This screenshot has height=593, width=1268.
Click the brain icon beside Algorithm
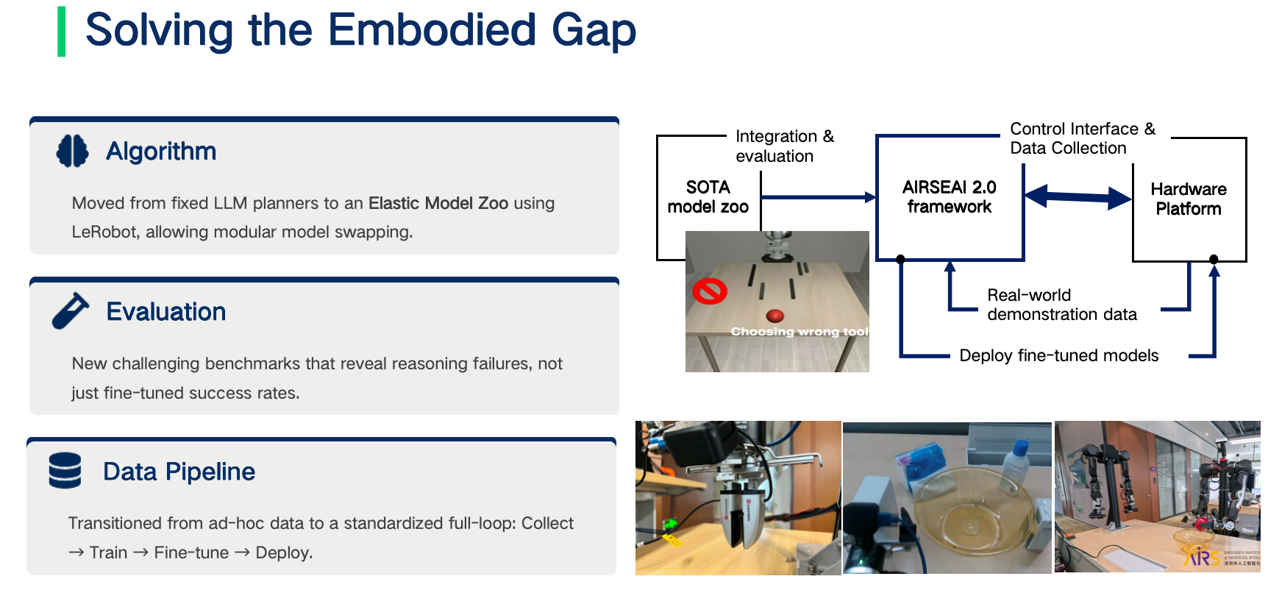click(x=72, y=151)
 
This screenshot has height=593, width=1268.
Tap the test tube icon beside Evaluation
click(x=71, y=311)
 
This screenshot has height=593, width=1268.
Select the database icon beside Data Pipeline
click(x=65, y=471)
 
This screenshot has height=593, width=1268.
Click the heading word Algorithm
click(x=161, y=152)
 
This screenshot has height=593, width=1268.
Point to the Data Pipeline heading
click(x=179, y=472)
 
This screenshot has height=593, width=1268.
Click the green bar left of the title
click(x=62, y=32)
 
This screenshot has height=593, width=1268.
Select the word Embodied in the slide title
click(x=432, y=30)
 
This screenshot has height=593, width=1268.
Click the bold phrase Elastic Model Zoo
click(x=438, y=203)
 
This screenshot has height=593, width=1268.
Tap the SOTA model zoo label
click(x=708, y=197)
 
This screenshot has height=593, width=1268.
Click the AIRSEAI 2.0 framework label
click(x=950, y=197)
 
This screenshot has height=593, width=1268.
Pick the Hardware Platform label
click(x=1189, y=199)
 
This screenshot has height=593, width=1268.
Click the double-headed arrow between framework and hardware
click(x=1078, y=196)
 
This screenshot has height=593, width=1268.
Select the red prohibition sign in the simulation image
click(x=710, y=291)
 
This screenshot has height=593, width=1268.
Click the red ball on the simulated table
click(x=774, y=316)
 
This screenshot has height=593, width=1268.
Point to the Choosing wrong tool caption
click(x=799, y=332)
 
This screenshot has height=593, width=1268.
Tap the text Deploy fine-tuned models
click(x=1059, y=355)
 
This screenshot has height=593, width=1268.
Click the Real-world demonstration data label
click(x=1062, y=305)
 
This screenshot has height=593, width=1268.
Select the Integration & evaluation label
click(x=785, y=146)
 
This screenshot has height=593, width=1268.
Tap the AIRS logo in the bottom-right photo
click(x=1203, y=557)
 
